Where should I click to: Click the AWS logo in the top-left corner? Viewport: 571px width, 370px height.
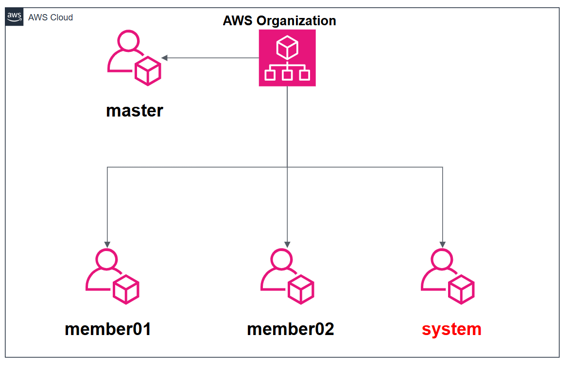(14, 17)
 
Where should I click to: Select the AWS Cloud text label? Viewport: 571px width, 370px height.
(51, 17)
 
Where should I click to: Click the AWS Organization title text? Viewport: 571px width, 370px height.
(279, 21)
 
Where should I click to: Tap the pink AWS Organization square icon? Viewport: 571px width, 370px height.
(287, 58)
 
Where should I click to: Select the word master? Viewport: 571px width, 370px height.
(135, 111)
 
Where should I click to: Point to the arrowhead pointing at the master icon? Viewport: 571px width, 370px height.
(165, 58)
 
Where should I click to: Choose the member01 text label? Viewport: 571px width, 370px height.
(108, 329)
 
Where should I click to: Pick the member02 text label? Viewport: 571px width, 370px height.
(291, 329)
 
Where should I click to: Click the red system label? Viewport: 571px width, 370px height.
(451, 329)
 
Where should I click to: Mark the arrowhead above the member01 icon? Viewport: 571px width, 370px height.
(107, 244)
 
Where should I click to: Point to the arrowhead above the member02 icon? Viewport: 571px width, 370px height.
(287, 244)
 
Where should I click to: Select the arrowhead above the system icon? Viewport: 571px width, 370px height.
(443, 244)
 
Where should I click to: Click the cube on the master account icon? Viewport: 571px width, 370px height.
(147, 71)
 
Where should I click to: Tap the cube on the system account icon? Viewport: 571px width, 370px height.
(461, 289)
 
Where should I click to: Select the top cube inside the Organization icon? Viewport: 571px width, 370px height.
(287, 48)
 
